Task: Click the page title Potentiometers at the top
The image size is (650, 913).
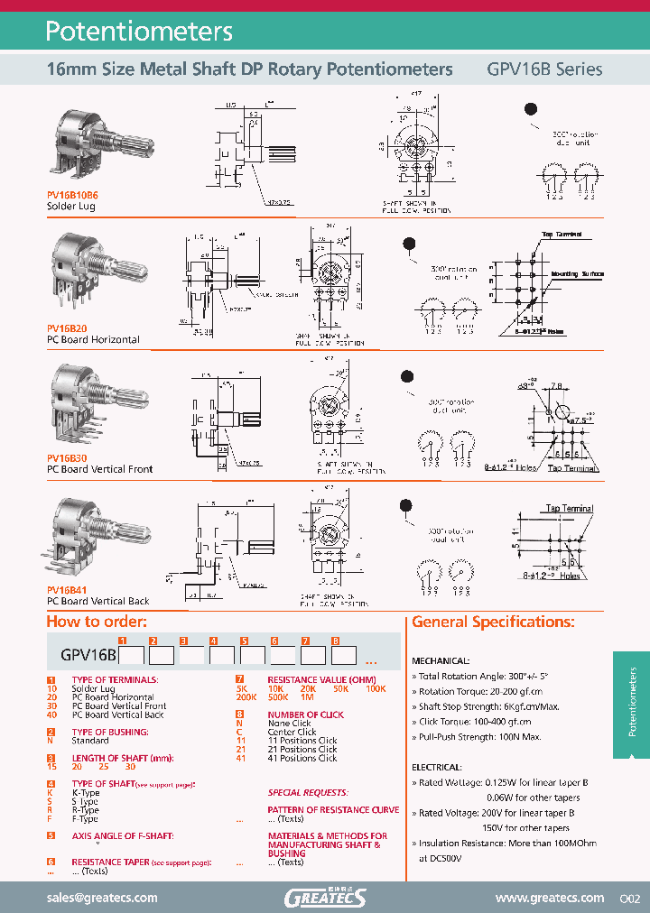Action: tap(139, 32)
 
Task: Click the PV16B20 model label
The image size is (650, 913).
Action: tap(67, 330)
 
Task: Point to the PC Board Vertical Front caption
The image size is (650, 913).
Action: tap(99, 469)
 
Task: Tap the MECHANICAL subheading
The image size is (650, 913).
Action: tap(441, 660)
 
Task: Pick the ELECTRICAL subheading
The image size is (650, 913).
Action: tap(436, 767)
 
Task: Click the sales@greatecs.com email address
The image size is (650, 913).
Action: tap(102, 898)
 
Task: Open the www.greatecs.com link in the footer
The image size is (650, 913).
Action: tap(549, 898)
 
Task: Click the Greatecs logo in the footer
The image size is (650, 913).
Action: tap(325, 897)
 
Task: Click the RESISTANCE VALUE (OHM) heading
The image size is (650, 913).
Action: tap(315, 678)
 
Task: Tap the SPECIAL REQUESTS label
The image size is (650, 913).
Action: tap(307, 792)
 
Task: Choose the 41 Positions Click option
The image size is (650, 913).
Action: tap(302, 758)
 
